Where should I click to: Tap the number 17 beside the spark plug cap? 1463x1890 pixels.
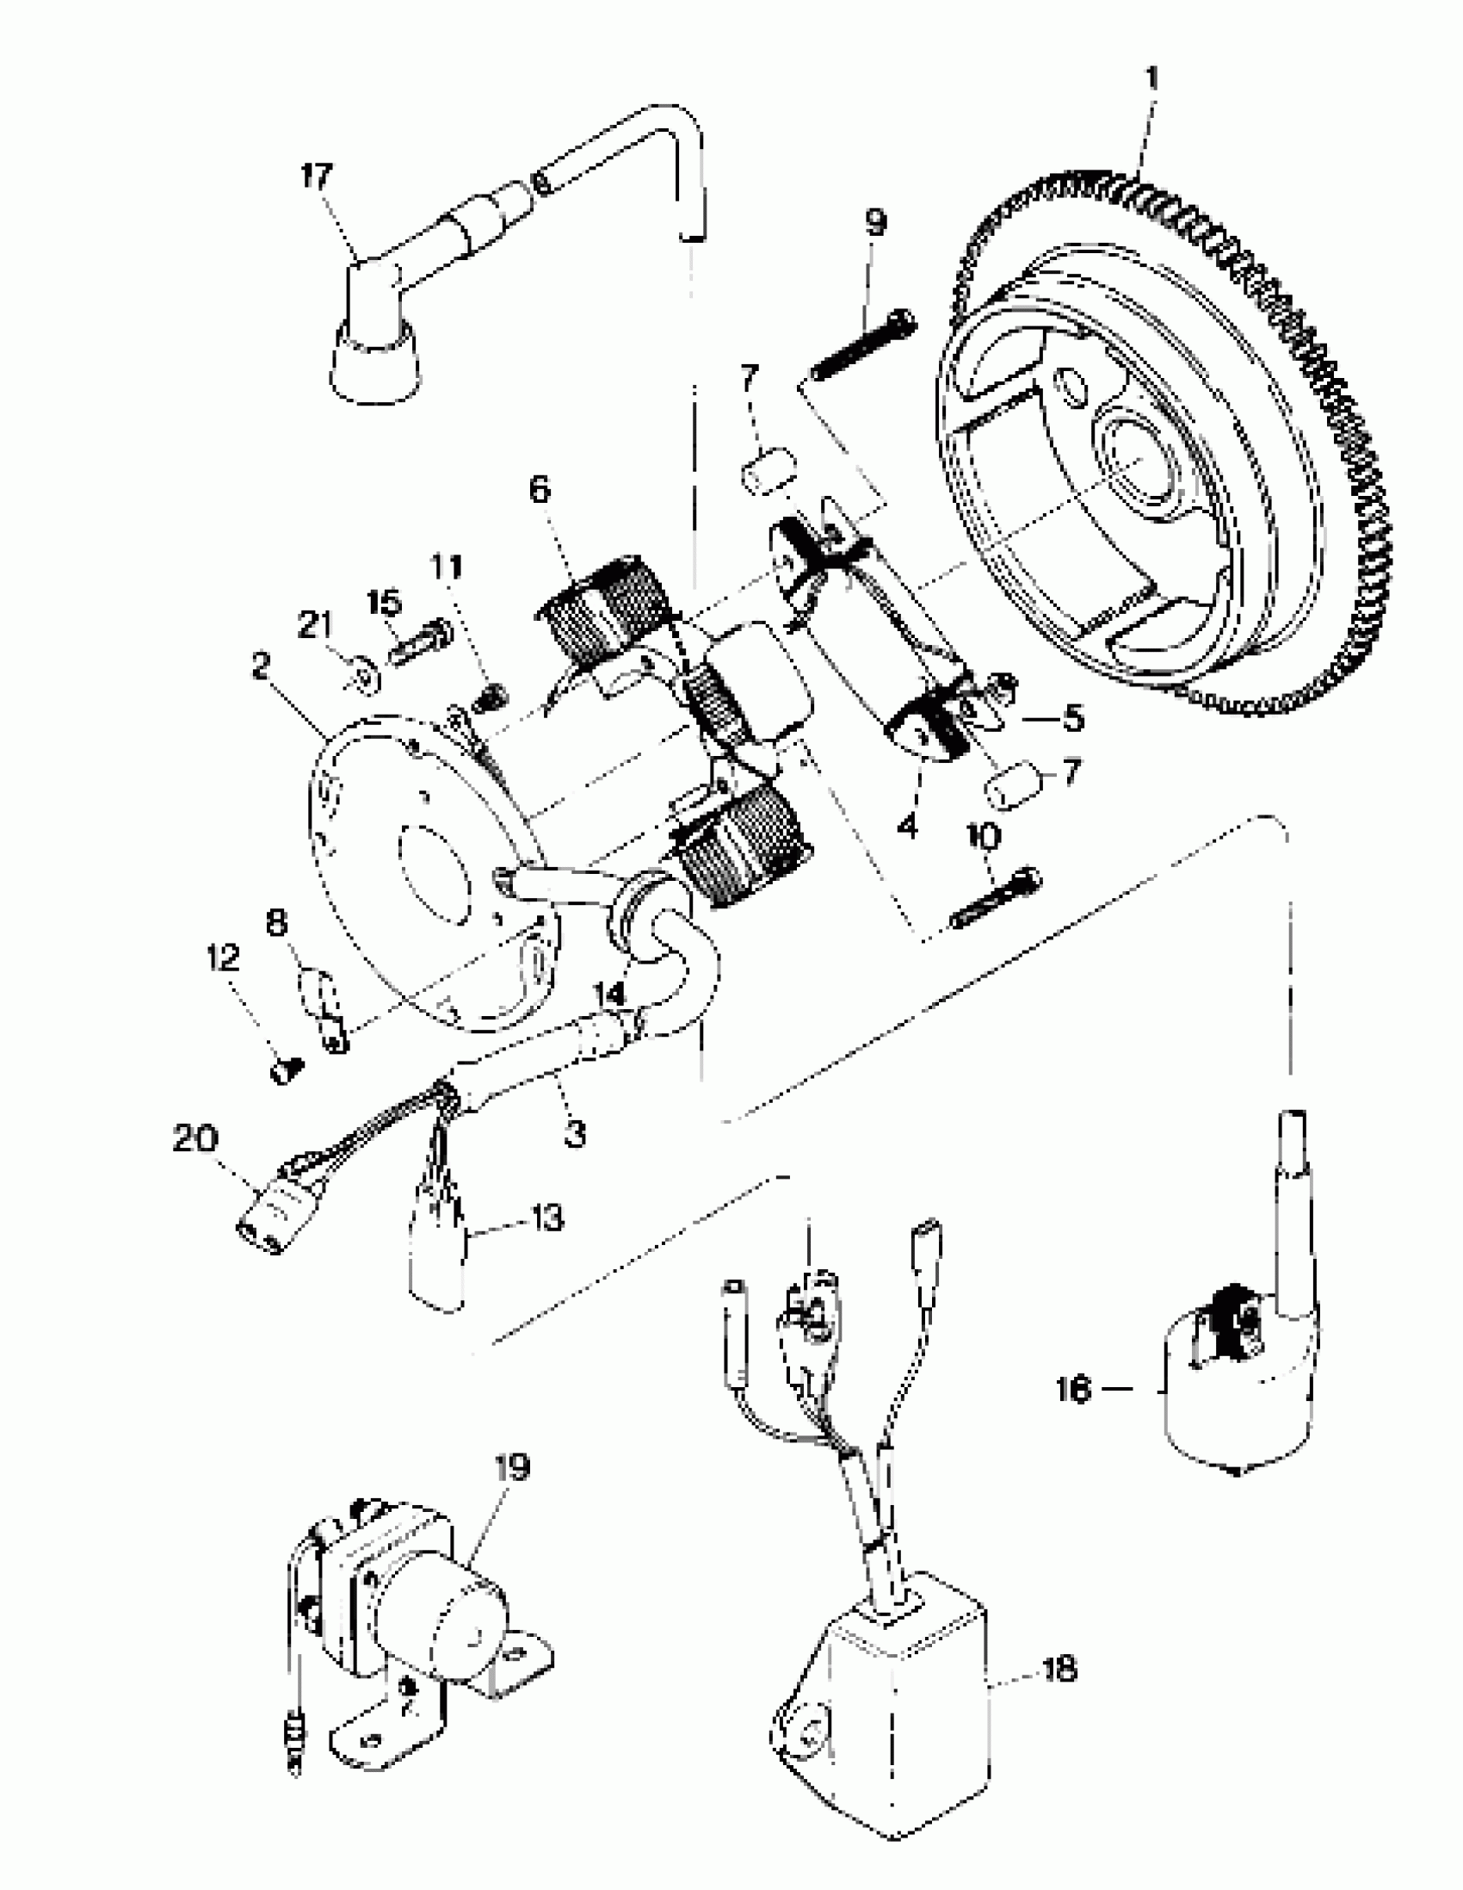pyautogui.click(x=316, y=177)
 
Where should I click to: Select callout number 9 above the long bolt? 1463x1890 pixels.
pyautogui.click(x=875, y=223)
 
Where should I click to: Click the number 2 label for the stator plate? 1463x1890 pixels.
pyautogui.click(x=262, y=666)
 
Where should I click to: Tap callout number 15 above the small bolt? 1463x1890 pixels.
pyautogui.click(x=384, y=604)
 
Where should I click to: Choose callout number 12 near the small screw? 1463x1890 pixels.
pyautogui.click(x=222, y=958)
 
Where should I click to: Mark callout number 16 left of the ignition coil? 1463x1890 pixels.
pyautogui.click(x=1074, y=1391)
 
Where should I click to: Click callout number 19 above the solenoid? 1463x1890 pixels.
pyautogui.click(x=512, y=1469)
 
